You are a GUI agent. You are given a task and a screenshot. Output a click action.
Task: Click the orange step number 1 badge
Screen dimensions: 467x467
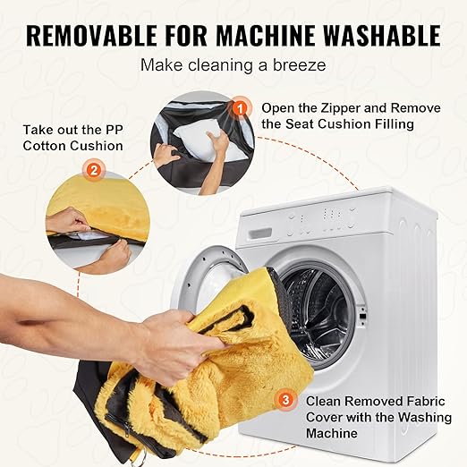tap(240, 108)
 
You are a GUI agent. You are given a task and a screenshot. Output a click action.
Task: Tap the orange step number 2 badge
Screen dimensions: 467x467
tap(94, 171)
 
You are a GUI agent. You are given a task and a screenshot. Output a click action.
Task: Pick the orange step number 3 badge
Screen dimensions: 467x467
tap(285, 399)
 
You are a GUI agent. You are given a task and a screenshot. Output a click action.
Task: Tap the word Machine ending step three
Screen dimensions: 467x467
tap(332, 433)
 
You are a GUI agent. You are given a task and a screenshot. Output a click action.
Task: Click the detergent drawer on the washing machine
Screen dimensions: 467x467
tap(261, 233)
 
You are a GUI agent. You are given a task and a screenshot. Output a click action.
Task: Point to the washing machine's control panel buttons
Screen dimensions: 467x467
tap(321, 221)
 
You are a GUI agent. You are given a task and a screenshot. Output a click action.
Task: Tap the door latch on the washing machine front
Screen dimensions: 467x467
tap(363, 317)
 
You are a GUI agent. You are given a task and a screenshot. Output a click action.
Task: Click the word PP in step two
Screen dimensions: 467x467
tap(114, 130)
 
